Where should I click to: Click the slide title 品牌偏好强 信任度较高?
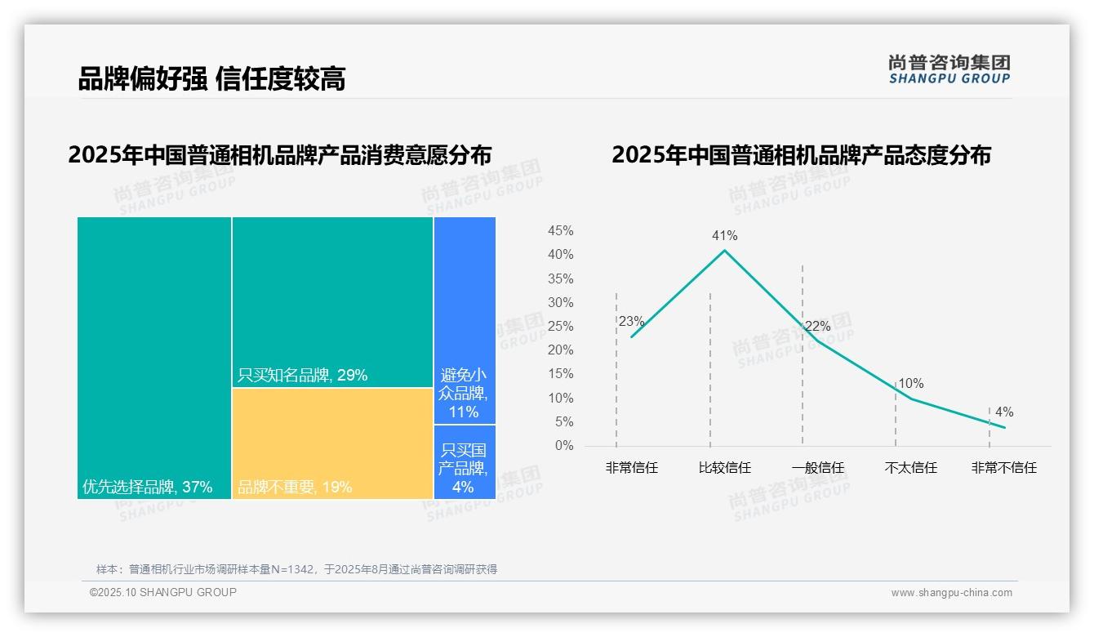pos(211,78)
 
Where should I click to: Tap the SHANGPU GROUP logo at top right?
pos(949,69)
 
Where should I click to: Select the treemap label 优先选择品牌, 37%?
pos(147,488)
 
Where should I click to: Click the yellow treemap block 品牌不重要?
pos(332,443)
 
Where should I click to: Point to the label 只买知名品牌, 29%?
pos(302,376)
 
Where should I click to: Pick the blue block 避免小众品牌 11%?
pos(464,393)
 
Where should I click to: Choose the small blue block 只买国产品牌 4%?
pos(464,469)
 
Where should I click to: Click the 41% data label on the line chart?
pos(724,236)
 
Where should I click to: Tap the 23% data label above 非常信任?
pos(631,322)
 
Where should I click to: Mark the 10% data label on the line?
pos(910,384)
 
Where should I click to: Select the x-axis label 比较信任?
pos(724,468)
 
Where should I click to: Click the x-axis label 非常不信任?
pos(1003,468)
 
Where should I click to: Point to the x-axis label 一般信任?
pos(817,468)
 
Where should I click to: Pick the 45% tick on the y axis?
pos(560,231)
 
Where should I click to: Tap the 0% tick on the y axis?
pos(564,446)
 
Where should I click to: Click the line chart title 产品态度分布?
pos(800,155)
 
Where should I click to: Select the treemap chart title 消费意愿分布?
pos(279,155)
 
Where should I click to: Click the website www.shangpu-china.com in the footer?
pos(951,593)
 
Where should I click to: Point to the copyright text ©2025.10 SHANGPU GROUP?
pos(162,592)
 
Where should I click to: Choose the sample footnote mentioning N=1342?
pos(296,569)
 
